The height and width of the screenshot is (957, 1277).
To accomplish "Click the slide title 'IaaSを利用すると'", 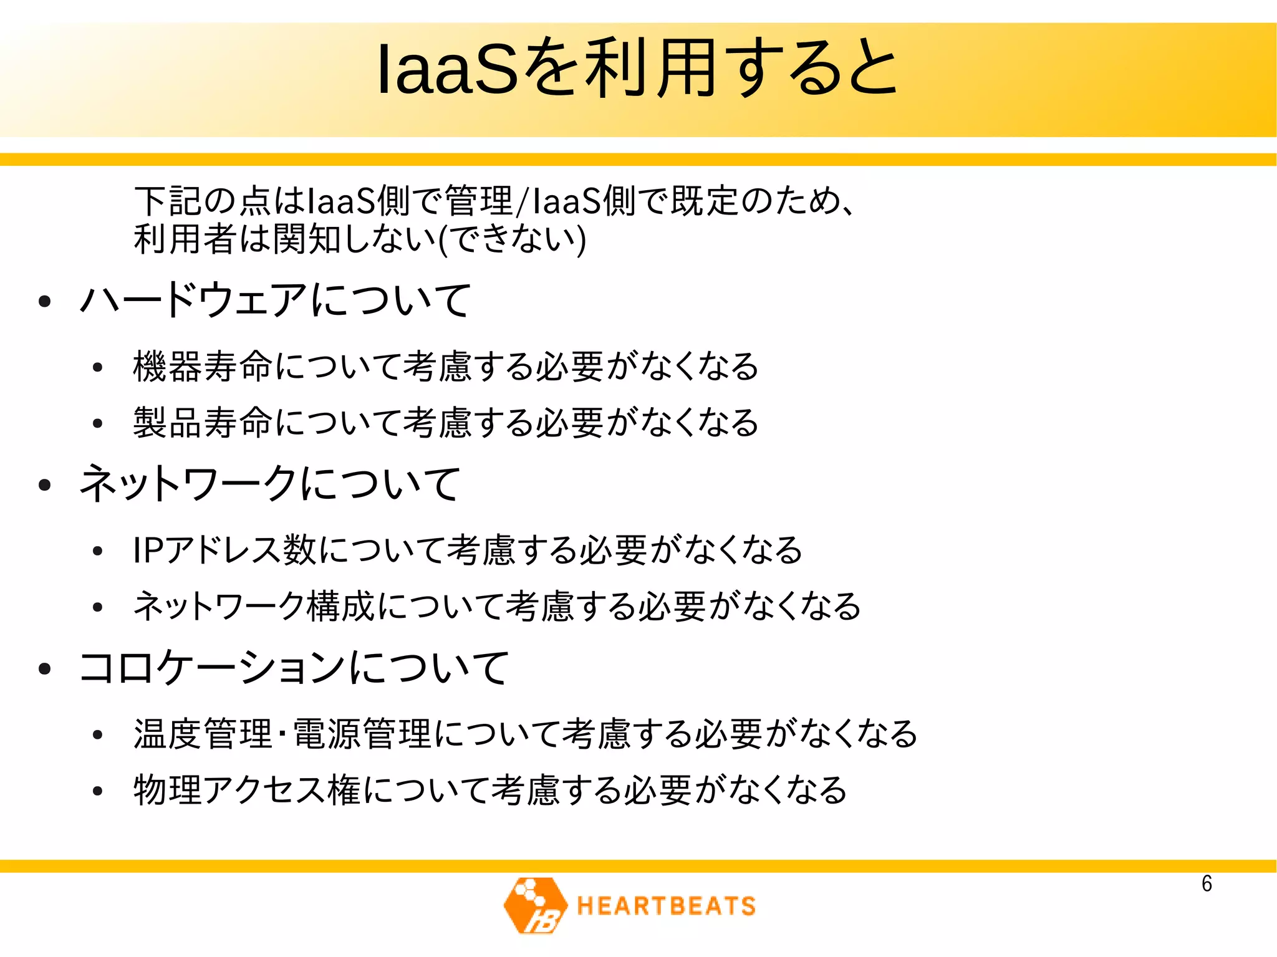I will click(637, 69).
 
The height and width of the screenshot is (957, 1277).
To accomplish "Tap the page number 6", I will click(1207, 883).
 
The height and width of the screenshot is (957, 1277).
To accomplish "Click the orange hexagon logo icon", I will click(535, 905).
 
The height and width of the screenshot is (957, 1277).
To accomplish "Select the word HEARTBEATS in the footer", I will click(666, 906).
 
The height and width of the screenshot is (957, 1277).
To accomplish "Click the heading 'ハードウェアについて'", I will click(275, 300).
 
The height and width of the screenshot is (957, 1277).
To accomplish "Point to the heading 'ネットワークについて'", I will click(269, 484).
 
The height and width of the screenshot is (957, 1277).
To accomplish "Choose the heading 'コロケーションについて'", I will click(294, 668).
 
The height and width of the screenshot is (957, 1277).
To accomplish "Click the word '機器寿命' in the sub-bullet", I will click(203, 366).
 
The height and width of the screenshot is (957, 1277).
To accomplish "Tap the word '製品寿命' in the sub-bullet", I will click(203, 423).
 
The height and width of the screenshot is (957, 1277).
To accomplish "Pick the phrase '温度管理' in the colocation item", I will click(203, 734).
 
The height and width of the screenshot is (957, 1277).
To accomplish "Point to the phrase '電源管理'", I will click(362, 734).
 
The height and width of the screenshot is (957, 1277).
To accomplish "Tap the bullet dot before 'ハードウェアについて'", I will click(44, 302).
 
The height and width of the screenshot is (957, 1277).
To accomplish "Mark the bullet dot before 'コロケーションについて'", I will click(44, 669).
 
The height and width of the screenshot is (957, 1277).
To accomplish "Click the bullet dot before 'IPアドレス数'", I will click(97, 551).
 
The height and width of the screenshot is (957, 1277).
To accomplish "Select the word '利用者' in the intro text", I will click(185, 239).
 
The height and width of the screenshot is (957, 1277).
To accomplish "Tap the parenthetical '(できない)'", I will click(513, 239).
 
